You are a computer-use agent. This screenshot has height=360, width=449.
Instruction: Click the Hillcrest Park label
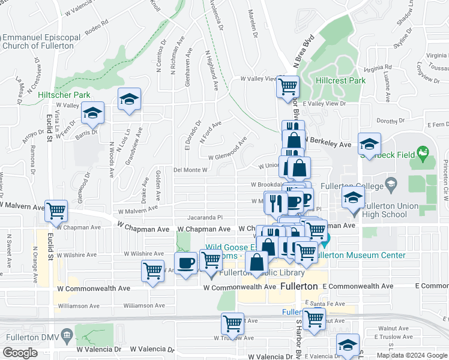point(341,80)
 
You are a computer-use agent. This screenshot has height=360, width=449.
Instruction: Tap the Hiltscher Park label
point(64,95)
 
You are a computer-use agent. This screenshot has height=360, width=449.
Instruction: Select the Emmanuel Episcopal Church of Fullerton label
point(41,41)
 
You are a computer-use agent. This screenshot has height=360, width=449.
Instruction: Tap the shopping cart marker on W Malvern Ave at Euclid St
point(56,211)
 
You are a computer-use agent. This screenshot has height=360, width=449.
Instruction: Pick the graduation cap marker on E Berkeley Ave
point(369,145)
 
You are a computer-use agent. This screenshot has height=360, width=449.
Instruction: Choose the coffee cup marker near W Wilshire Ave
point(185,263)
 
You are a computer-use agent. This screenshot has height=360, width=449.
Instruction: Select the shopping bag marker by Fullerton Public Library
point(257,262)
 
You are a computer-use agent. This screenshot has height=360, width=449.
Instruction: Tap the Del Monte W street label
point(190,170)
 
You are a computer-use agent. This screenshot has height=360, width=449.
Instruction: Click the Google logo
point(21,353)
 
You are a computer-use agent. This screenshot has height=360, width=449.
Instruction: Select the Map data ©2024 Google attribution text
point(411,355)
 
